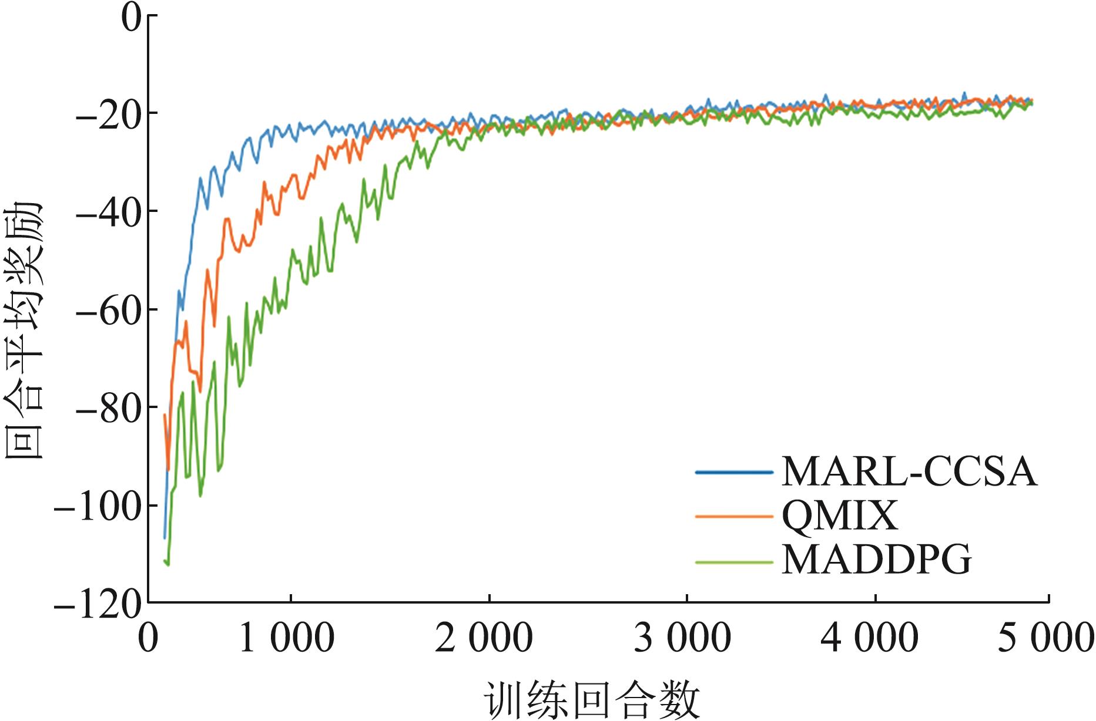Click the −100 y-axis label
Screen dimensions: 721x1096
[97, 505]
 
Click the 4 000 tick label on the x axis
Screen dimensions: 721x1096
[869, 638]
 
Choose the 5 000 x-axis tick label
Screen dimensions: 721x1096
[1045, 638]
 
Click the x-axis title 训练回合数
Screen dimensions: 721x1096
[592, 700]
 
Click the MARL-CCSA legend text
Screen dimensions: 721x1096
[909, 471]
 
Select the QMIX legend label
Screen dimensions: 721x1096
[840, 516]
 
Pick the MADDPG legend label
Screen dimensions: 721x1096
[877, 561]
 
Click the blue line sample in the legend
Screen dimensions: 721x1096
[733, 471]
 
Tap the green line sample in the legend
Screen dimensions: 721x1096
[733, 562]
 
